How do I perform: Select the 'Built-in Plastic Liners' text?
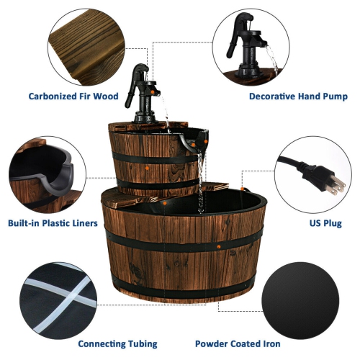point(53,223)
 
